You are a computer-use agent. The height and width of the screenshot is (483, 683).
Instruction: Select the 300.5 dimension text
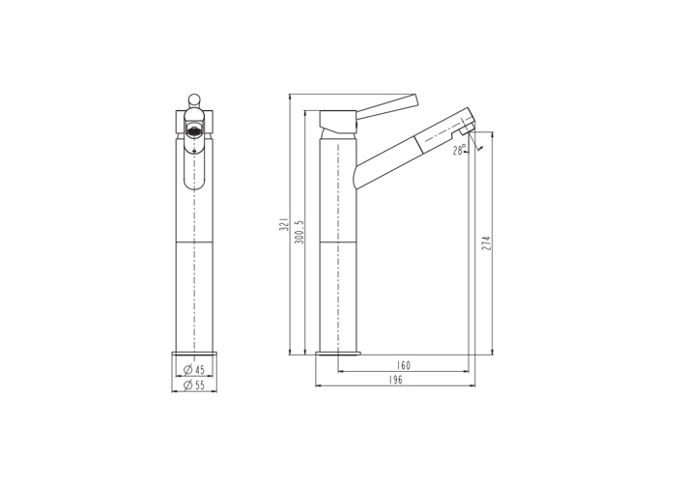tap(300, 230)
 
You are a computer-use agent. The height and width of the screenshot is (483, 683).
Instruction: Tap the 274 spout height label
tap(487, 244)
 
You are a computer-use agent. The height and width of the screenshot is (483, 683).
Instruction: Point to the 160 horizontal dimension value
tap(403, 366)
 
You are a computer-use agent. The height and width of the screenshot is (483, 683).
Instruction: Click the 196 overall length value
tap(395, 381)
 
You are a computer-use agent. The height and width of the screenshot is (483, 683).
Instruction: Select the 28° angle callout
tap(459, 150)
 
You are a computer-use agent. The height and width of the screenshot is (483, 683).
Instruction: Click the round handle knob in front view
tap(193, 99)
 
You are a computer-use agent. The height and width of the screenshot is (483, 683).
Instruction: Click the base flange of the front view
tap(194, 354)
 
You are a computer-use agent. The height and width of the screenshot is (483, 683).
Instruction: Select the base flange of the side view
tap(338, 354)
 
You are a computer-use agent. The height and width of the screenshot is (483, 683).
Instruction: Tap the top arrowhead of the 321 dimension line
tap(292, 98)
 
